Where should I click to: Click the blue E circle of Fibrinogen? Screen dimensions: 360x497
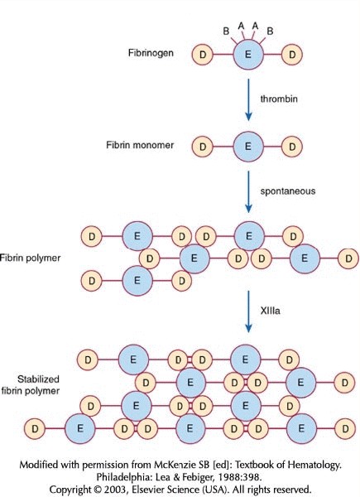point(248,55)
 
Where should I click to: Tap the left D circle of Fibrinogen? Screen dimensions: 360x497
point(202,55)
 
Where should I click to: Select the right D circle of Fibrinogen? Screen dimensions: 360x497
point(292,55)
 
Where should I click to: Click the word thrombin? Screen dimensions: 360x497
point(279,99)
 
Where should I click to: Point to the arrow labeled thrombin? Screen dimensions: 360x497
point(248,100)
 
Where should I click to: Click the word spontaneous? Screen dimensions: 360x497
point(288,191)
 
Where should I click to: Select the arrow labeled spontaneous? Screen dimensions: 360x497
point(248,192)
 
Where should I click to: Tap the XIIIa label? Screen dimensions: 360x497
point(270,311)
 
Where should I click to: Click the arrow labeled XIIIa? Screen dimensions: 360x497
point(248,311)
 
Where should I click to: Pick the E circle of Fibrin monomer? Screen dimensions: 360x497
point(248,147)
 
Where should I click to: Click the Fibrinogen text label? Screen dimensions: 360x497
point(151,53)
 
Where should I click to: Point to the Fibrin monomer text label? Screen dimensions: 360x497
point(140,145)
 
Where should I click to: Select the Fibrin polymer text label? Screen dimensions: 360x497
point(30,258)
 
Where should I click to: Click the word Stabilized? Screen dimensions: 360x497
point(38,379)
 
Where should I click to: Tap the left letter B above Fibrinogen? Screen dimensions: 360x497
point(226,31)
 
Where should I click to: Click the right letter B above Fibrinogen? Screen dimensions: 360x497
point(270,31)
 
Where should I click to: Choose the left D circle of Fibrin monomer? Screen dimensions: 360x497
point(202,147)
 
